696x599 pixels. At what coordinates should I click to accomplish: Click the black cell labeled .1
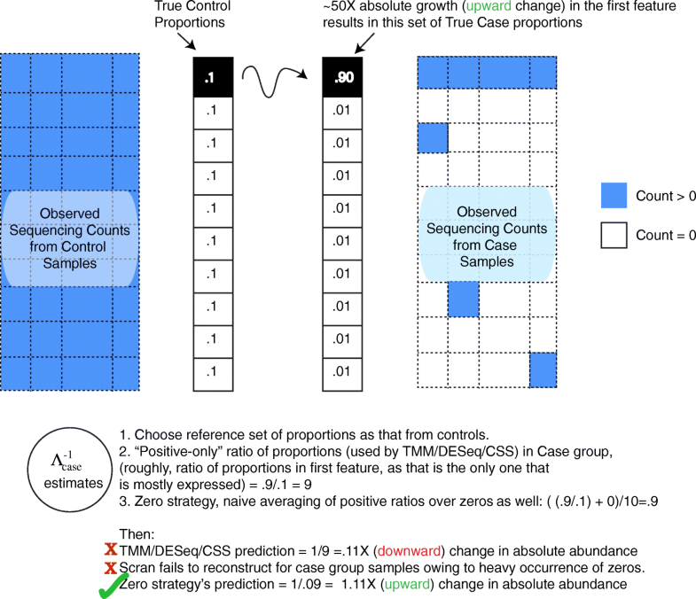tap(209, 78)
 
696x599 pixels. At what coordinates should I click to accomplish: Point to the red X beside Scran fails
tap(110, 568)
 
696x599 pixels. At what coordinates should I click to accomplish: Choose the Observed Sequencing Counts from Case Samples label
tap(487, 237)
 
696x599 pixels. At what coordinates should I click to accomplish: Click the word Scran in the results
tap(137, 568)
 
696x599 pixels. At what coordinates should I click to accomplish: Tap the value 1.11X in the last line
tap(334, 584)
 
